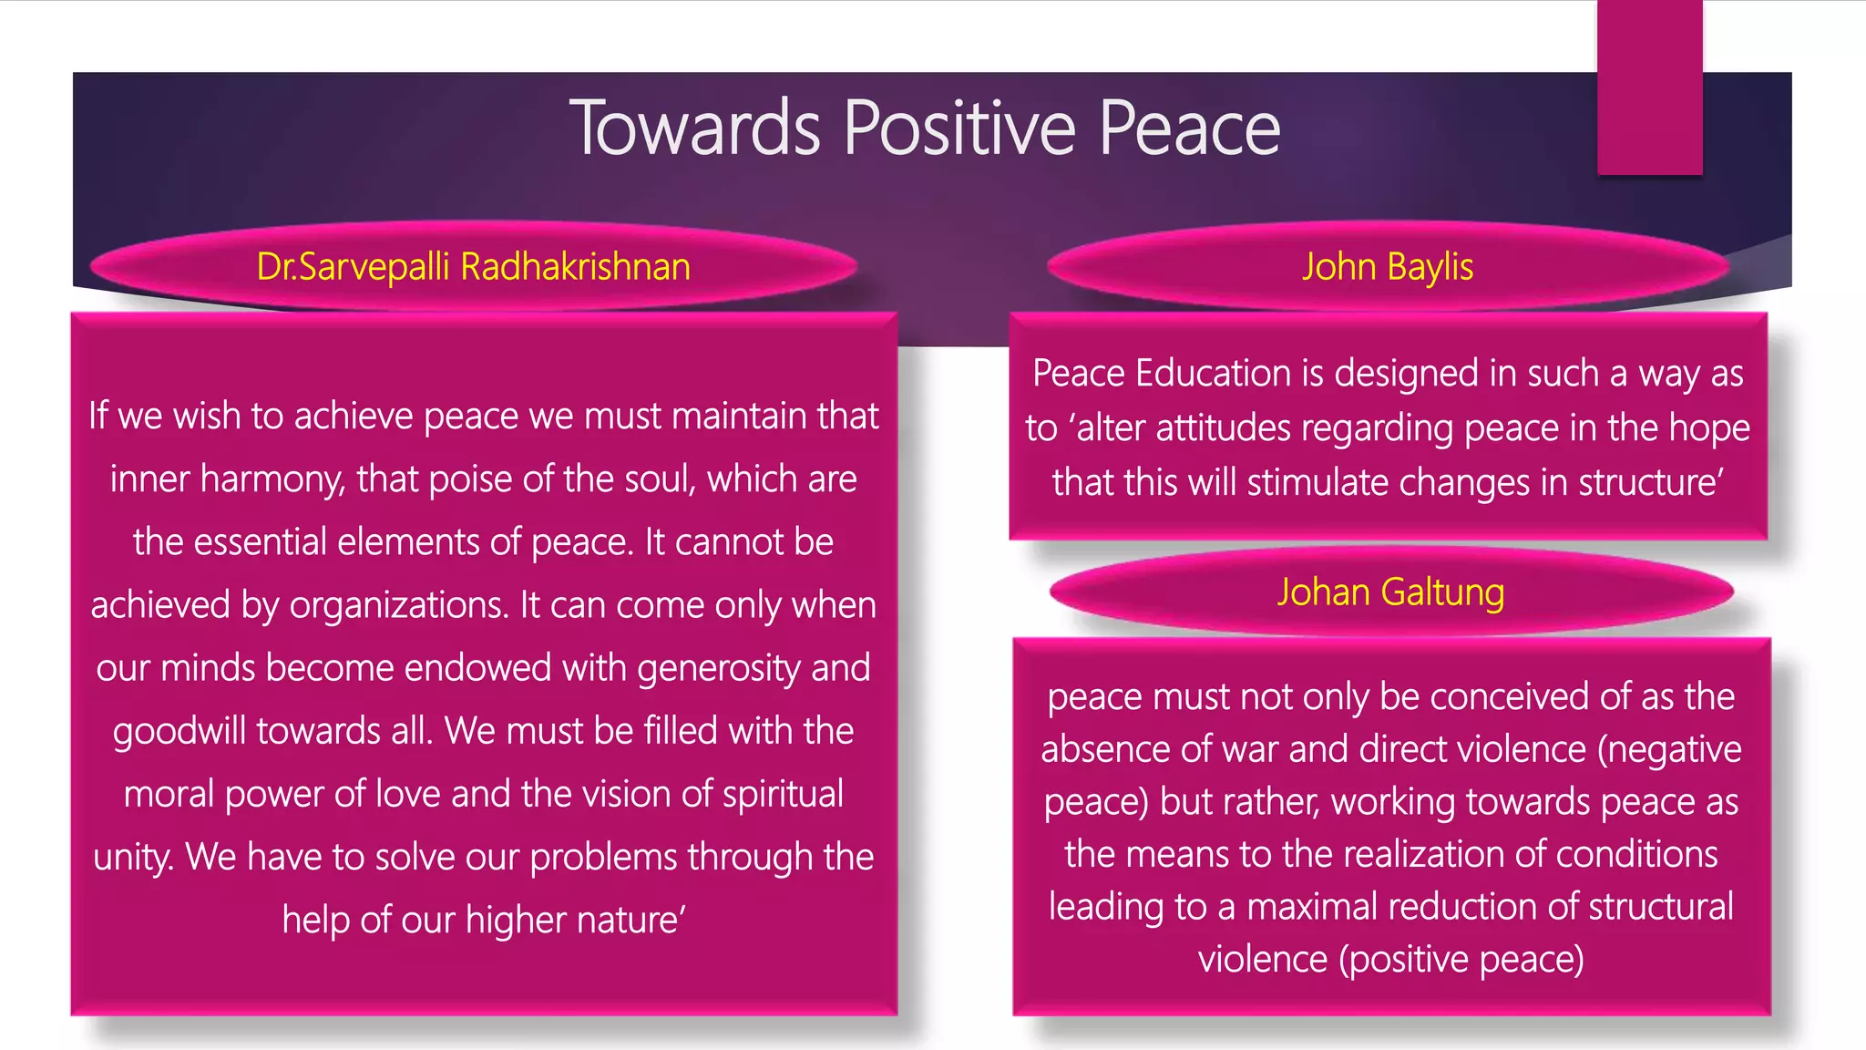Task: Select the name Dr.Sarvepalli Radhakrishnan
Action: (x=473, y=266)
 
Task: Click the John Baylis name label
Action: (x=1387, y=266)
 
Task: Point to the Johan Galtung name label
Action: (x=1390, y=592)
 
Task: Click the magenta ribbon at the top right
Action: (x=1649, y=87)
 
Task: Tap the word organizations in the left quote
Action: (x=398, y=605)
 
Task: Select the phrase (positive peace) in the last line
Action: (x=1461, y=960)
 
